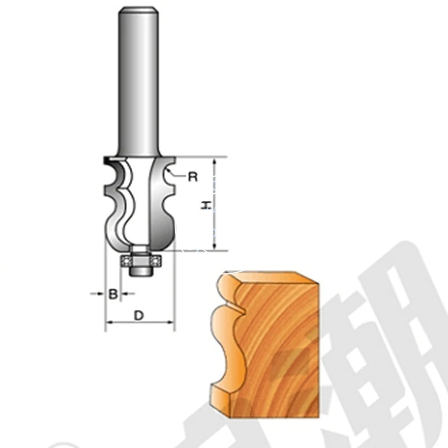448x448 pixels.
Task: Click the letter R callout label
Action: point(193,178)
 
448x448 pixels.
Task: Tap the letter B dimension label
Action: point(113,293)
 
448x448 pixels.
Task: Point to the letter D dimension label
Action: point(139,316)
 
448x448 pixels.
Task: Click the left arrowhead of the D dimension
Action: point(109,323)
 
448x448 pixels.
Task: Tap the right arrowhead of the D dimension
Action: point(171,323)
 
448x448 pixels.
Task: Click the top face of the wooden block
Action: point(274,276)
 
